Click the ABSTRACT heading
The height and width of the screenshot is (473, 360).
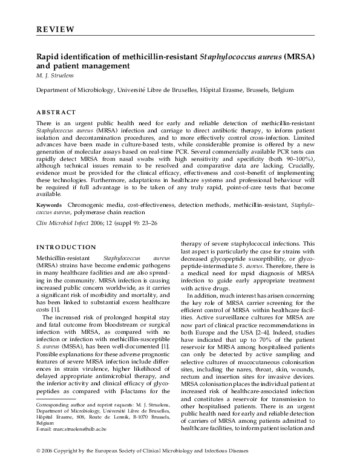(56, 113)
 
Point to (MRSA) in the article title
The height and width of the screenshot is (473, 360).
(310, 57)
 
